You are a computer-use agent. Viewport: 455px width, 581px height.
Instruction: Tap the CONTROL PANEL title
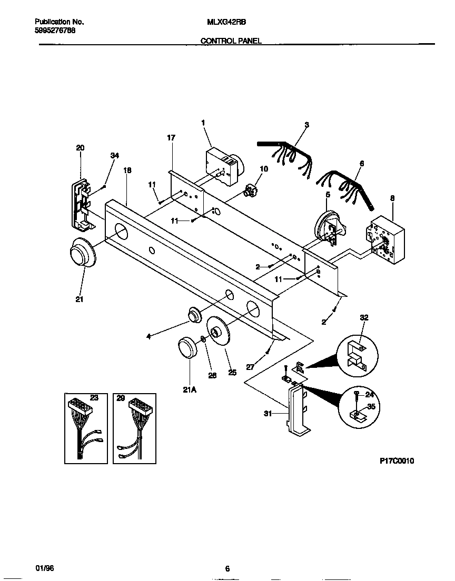coord(230,41)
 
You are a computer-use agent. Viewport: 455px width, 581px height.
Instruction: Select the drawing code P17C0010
coord(397,460)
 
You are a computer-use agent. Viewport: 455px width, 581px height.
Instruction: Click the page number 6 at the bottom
coord(227,568)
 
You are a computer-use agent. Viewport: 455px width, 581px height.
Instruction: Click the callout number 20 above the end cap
coord(80,148)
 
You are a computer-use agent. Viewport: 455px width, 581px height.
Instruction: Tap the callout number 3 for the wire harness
coord(306,125)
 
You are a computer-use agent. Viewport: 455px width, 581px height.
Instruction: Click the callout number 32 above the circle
coord(364,317)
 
